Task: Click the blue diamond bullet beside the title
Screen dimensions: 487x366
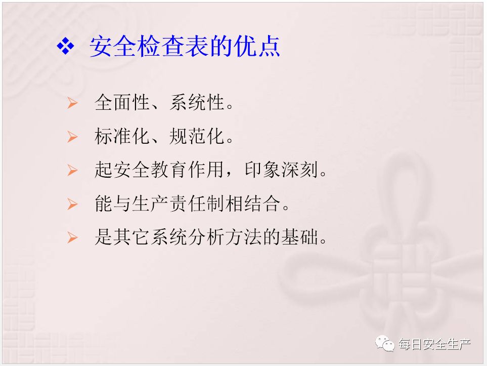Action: coord(66,46)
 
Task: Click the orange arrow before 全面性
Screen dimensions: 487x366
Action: coord(72,103)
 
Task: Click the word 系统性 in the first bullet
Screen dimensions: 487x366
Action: coord(197,102)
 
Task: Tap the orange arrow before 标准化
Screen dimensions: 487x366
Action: coord(72,137)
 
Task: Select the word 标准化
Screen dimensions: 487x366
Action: coord(122,136)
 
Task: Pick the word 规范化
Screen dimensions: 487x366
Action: coord(197,136)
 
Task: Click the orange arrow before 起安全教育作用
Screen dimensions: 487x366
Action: coord(72,170)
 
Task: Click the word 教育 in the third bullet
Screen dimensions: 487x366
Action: coord(169,170)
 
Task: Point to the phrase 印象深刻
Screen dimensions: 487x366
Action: coord(282,170)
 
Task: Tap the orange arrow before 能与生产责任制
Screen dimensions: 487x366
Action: coord(72,204)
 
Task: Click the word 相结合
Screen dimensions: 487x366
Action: coord(253,204)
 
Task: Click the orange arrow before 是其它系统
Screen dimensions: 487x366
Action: coord(72,237)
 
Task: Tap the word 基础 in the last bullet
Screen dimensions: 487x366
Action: coord(300,237)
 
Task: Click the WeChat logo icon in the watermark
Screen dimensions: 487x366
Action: coord(385,344)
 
